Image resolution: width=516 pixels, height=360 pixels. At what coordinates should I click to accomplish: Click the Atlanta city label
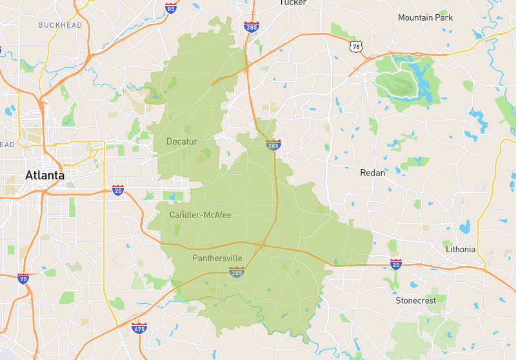click(45, 175)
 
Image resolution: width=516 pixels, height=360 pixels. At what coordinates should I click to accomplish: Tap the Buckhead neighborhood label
click(60, 25)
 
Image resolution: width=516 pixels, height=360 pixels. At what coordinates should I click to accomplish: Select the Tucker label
click(293, 3)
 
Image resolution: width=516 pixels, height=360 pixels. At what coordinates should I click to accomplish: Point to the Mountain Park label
click(425, 17)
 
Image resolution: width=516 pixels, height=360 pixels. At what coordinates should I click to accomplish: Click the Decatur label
click(182, 141)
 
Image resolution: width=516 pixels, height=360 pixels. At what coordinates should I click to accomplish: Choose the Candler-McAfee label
click(200, 215)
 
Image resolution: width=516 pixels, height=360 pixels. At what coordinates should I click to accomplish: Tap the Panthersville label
click(217, 258)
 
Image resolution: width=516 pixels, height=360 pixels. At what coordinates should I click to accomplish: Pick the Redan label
click(372, 173)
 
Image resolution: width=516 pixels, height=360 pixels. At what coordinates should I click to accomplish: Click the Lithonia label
click(461, 249)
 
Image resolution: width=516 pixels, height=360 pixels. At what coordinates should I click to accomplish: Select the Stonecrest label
click(416, 301)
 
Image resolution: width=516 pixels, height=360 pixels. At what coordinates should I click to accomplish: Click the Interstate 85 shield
click(171, 8)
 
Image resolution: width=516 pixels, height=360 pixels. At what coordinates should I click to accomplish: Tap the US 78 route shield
click(356, 47)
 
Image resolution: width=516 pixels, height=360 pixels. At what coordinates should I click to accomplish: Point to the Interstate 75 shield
click(23, 279)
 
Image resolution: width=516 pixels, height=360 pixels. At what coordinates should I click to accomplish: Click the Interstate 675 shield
click(139, 328)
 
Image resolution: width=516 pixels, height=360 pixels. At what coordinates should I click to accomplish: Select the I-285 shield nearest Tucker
click(252, 26)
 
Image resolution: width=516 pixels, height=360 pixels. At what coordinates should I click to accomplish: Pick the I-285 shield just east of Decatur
click(273, 145)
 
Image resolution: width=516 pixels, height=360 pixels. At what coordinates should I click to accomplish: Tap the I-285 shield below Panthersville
click(236, 274)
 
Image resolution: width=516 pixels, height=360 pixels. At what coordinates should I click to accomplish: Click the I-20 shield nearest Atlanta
click(118, 190)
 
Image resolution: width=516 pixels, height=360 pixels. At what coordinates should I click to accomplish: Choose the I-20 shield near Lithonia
click(396, 264)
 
